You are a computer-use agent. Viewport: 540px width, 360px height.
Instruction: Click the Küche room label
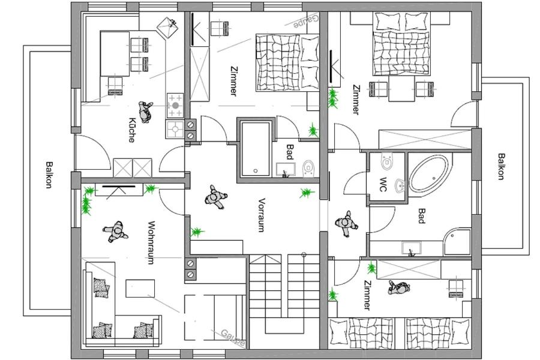tap(131, 130)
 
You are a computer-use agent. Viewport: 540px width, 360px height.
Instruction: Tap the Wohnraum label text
tap(150, 242)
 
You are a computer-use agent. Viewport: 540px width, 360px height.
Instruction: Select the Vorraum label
tap(262, 215)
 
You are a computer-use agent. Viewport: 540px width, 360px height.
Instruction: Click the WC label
tap(383, 184)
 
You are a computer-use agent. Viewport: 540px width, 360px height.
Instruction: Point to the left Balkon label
tap(49, 175)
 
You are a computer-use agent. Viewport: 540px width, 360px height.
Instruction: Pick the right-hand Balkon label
tap(501, 166)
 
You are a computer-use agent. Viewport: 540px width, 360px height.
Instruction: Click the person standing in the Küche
tap(145, 111)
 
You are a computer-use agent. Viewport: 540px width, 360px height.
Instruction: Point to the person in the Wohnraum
tap(116, 232)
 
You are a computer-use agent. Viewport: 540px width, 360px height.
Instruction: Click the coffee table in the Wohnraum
tap(140, 289)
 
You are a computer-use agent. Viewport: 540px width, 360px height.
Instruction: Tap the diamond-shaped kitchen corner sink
tap(167, 27)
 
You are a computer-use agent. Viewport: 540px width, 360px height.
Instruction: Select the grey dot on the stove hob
tap(176, 105)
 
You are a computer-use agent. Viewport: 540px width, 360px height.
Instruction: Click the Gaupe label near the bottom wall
tap(233, 338)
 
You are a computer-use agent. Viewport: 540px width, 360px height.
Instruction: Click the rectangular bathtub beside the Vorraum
tap(256, 149)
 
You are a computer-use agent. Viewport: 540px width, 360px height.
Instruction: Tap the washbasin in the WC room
tap(400, 185)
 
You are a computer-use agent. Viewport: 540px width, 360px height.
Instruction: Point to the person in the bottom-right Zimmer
tap(399, 287)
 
